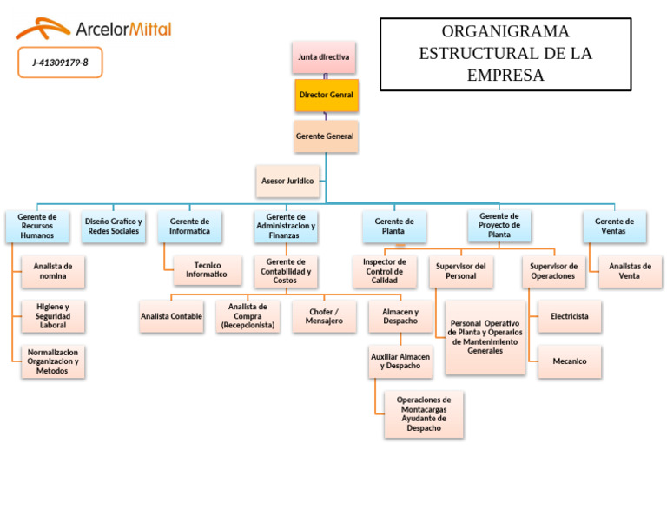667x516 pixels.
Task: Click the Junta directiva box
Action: [x=324, y=57]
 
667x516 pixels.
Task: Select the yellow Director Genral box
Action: [x=327, y=96]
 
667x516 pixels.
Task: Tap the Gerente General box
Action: [x=326, y=136]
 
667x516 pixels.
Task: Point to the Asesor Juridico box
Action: [x=287, y=182]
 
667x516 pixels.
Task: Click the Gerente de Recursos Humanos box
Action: [x=37, y=227]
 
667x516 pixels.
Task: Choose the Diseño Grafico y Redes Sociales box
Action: [x=114, y=227]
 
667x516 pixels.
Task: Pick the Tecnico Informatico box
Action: [x=208, y=270]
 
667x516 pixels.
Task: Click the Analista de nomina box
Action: [x=53, y=271]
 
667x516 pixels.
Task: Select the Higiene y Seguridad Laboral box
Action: [x=53, y=316]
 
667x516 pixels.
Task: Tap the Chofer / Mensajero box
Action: [x=324, y=316]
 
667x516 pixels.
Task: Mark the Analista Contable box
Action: [x=171, y=316]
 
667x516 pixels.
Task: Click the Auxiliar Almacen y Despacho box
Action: [x=400, y=361]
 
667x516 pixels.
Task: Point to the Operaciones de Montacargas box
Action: [x=424, y=414]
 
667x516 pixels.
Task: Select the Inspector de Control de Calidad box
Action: [x=385, y=271]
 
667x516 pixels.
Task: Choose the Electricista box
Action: [x=570, y=316]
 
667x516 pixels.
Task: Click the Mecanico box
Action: [x=570, y=361]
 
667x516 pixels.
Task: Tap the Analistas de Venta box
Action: [x=631, y=271]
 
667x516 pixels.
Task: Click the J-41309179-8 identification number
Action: [x=61, y=63]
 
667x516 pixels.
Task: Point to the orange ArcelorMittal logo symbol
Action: [x=43, y=28]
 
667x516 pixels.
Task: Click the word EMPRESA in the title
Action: [x=505, y=76]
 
